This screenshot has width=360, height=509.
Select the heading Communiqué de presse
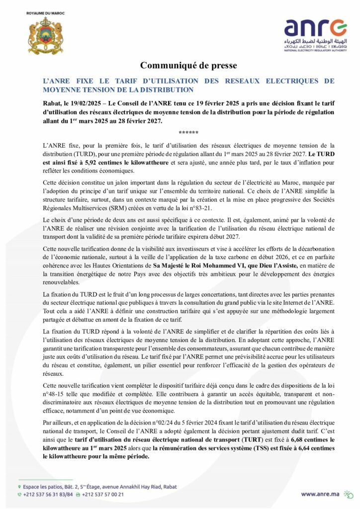[x=180, y=66]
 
